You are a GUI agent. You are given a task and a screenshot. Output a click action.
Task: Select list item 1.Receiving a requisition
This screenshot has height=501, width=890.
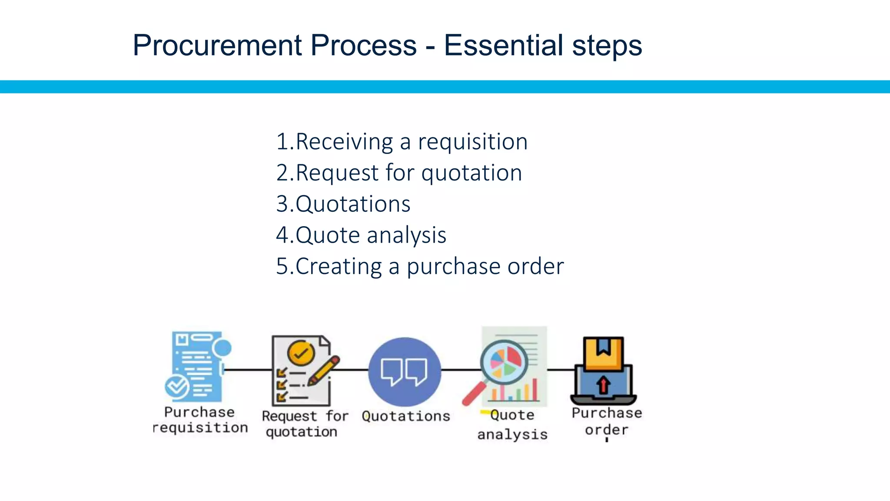coord(402,142)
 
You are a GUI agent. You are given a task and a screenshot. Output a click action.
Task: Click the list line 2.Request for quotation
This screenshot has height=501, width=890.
coord(399,173)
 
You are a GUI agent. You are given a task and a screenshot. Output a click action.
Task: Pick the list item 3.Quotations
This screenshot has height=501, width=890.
coord(343,204)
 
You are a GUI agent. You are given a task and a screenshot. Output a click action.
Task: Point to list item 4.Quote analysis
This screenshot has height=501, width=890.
coord(361,235)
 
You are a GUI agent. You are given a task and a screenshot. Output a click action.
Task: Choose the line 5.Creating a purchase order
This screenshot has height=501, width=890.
coord(420,266)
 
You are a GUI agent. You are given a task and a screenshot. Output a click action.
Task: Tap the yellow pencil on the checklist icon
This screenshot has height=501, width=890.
coord(324,371)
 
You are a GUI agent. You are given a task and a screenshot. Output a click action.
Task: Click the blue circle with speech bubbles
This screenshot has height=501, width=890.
coord(405,372)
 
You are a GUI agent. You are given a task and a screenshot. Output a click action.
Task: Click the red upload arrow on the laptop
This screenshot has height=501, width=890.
coord(603,385)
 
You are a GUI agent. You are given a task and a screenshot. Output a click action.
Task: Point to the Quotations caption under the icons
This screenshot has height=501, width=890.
coord(406,416)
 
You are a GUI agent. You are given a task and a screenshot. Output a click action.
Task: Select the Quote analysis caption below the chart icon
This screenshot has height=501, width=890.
coord(512,424)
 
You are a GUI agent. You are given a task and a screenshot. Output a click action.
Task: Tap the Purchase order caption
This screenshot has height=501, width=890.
coord(607,421)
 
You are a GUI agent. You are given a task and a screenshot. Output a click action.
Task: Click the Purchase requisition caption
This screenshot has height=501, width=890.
coord(200,420)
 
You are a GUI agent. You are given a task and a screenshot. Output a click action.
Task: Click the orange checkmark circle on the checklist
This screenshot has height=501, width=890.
coord(301,353)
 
